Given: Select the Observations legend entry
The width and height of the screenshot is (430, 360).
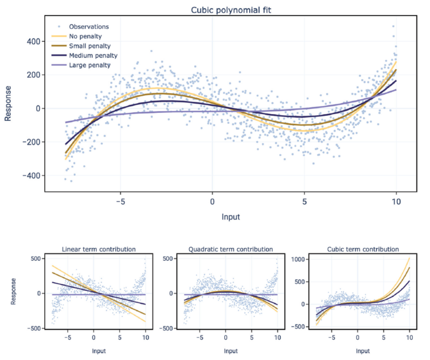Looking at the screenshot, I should click(x=88, y=26).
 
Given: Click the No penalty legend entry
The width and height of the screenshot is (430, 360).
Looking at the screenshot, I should click(x=85, y=36).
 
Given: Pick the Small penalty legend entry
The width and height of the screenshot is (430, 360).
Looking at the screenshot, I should click(x=89, y=46).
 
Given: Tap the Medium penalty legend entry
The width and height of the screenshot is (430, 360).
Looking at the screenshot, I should click(x=93, y=56).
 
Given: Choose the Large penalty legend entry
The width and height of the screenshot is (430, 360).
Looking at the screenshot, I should click(x=89, y=65).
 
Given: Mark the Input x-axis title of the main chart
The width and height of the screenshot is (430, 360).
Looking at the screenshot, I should click(x=230, y=218).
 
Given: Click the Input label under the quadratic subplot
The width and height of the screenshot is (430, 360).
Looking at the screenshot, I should click(x=230, y=350).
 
